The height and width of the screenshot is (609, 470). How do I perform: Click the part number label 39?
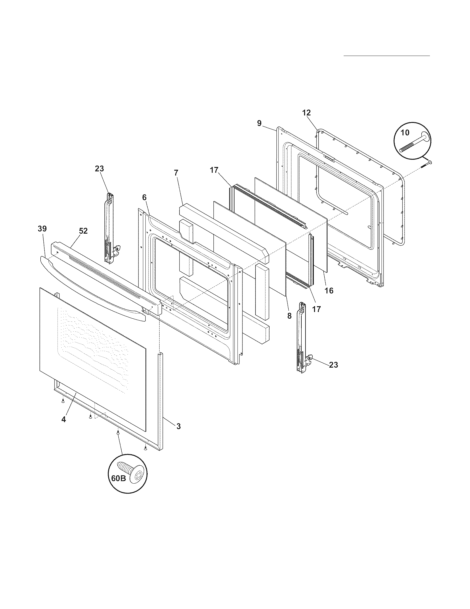[x=42, y=229]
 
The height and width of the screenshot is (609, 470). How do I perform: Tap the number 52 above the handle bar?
[x=83, y=231]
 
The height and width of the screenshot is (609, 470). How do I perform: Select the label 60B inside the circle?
[x=119, y=479]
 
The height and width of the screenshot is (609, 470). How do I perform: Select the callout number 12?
[x=306, y=113]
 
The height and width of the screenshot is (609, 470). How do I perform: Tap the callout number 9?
[x=259, y=123]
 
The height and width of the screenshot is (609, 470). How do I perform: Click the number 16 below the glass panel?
[x=329, y=291]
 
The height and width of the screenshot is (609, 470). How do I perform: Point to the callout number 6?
[x=144, y=197]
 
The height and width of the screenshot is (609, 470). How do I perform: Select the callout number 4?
[x=64, y=419]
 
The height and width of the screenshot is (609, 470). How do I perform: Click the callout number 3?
[x=179, y=426]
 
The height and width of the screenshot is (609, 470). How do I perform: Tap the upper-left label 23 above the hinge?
[x=100, y=169]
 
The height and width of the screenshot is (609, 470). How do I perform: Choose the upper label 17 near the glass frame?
[x=214, y=170]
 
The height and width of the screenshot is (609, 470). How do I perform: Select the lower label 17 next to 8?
[x=317, y=309]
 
